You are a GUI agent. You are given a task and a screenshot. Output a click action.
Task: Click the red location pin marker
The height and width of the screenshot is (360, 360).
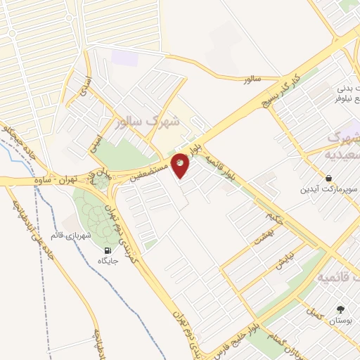click(x=180, y=165)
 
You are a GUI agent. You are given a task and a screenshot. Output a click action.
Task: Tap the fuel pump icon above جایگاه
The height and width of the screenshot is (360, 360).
click(x=107, y=250)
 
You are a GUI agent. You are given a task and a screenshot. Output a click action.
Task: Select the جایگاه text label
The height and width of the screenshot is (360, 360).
click(x=107, y=261)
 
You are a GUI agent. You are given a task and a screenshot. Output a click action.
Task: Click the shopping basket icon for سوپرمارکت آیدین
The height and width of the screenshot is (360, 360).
click(x=328, y=178)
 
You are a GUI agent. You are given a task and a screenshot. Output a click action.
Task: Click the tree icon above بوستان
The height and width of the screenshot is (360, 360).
click(x=341, y=309)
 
